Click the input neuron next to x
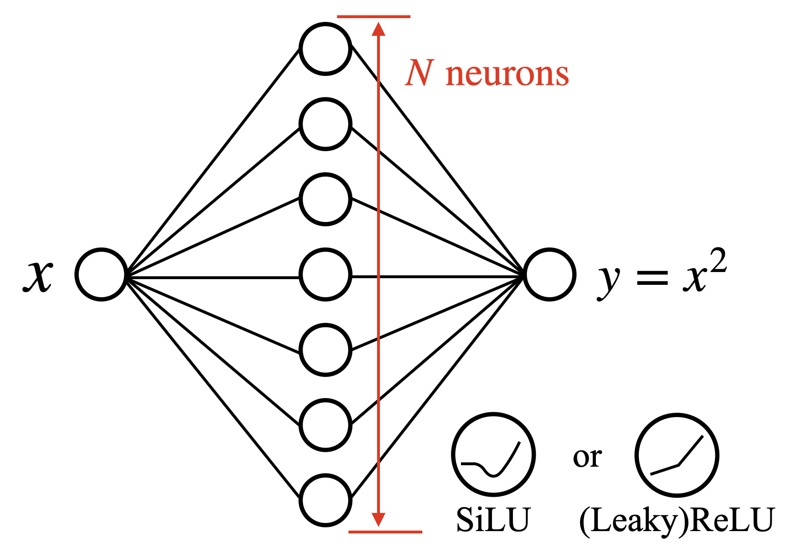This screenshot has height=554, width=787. click(x=101, y=274)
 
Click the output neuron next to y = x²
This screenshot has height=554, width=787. click(x=550, y=274)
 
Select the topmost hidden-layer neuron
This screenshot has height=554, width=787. click(x=326, y=49)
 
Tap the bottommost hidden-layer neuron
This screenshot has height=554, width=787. click(x=326, y=500)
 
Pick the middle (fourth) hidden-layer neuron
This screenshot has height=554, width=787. click(x=326, y=274)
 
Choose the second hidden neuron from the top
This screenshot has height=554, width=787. click(x=326, y=124)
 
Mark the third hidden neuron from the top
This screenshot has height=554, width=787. click(x=326, y=199)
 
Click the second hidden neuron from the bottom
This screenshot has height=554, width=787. click(x=326, y=425)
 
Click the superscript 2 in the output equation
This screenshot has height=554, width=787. click(x=718, y=261)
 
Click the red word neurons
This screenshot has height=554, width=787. click(x=507, y=74)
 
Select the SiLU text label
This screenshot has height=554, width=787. click(x=493, y=520)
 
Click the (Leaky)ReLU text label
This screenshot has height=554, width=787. click(x=676, y=521)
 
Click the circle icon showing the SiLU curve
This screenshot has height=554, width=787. click(x=493, y=455)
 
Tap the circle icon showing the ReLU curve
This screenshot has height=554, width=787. click(x=676, y=455)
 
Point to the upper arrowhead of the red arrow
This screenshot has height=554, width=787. click(x=378, y=29)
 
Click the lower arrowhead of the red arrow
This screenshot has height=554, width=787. click(x=378, y=519)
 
